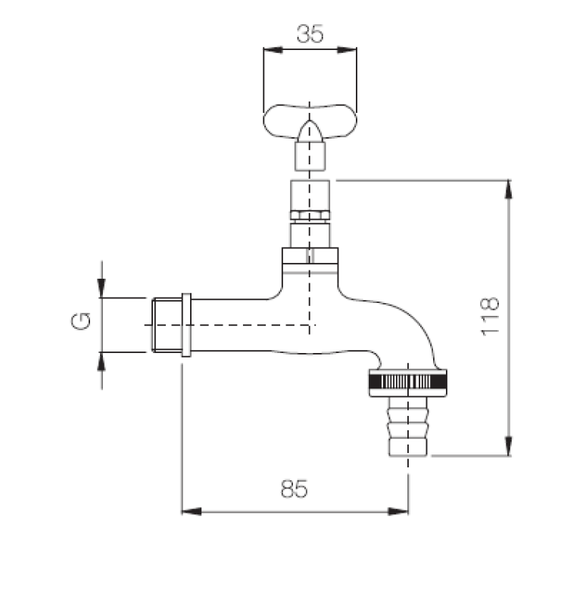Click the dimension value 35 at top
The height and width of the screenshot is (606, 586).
309,34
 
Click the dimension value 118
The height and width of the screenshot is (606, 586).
490,317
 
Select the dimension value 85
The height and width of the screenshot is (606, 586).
295,490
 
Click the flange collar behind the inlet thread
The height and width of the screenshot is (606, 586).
186,324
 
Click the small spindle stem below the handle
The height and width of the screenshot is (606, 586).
309,157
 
